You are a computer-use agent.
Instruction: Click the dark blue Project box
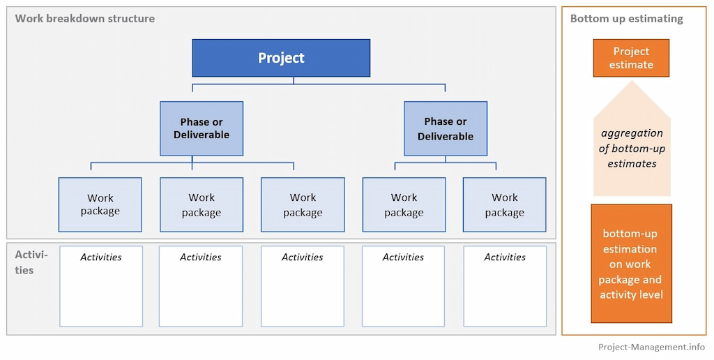(281, 58)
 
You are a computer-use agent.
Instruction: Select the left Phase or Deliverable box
(202, 128)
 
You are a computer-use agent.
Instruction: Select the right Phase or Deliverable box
(446, 128)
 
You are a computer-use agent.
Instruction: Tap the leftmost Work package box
(100, 204)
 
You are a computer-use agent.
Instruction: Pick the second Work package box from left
(202, 204)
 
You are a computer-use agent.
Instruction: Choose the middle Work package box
(303, 204)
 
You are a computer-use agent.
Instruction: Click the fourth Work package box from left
(404, 204)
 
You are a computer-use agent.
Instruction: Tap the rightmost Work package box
(505, 204)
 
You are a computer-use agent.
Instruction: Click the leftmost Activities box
(101, 286)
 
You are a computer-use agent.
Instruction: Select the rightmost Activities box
(505, 286)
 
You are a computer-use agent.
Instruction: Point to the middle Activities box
(303, 286)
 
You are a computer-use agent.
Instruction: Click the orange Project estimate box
(631, 58)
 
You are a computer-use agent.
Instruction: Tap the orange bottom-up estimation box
(631, 264)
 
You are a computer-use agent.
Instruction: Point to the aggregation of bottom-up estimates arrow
(631, 148)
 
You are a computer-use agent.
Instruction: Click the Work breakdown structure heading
(85, 18)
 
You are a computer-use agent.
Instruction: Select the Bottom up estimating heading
(626, 19)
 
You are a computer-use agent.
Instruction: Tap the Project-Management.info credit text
(651, 347)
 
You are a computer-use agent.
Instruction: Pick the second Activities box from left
(201, 286)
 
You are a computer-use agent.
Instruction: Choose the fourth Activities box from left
(404, 286)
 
